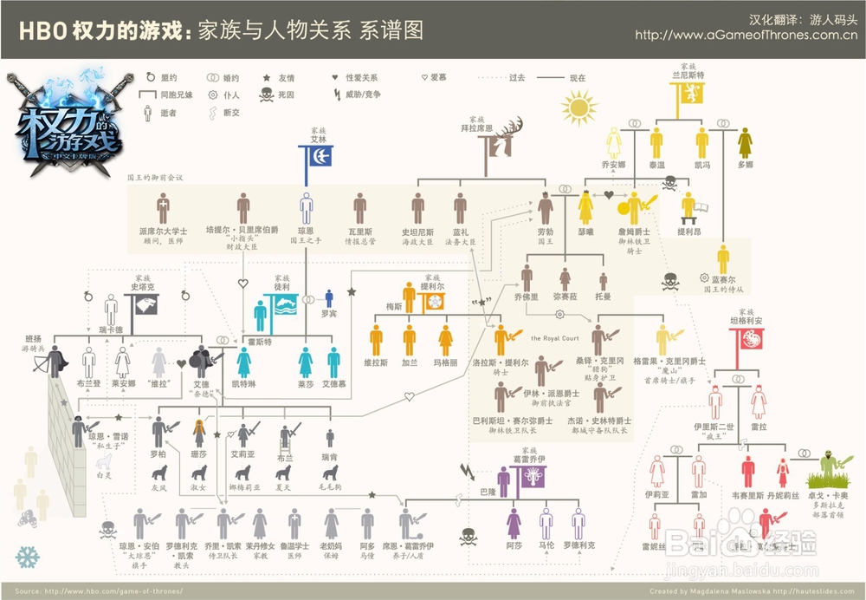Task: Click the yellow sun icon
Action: click(578, 108)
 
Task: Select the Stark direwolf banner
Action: click(140, 307)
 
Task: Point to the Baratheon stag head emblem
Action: click(500, 141)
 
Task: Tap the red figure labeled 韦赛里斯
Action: click(747, 472)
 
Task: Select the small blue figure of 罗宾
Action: click(328, 299)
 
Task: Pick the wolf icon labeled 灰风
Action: click(158, 473)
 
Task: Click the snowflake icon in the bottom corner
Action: click(28, 557)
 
